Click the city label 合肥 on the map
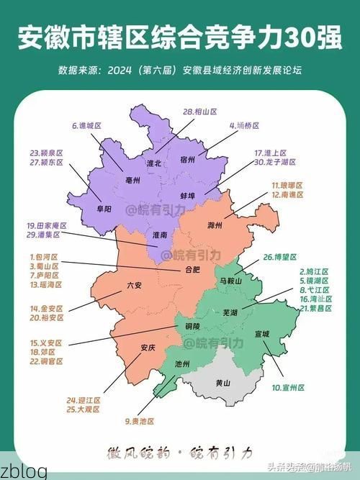coord(192,271)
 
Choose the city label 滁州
coord(215,226)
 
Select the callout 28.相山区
coord(200,112)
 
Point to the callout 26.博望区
coord(280,256)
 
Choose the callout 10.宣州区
coord(288,387)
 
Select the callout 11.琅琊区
coord(287,185)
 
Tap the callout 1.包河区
coord(44,256)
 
